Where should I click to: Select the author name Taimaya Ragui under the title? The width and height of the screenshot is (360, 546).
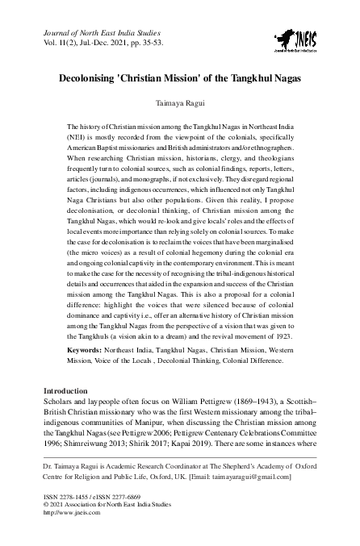click(x=179, y=105)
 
